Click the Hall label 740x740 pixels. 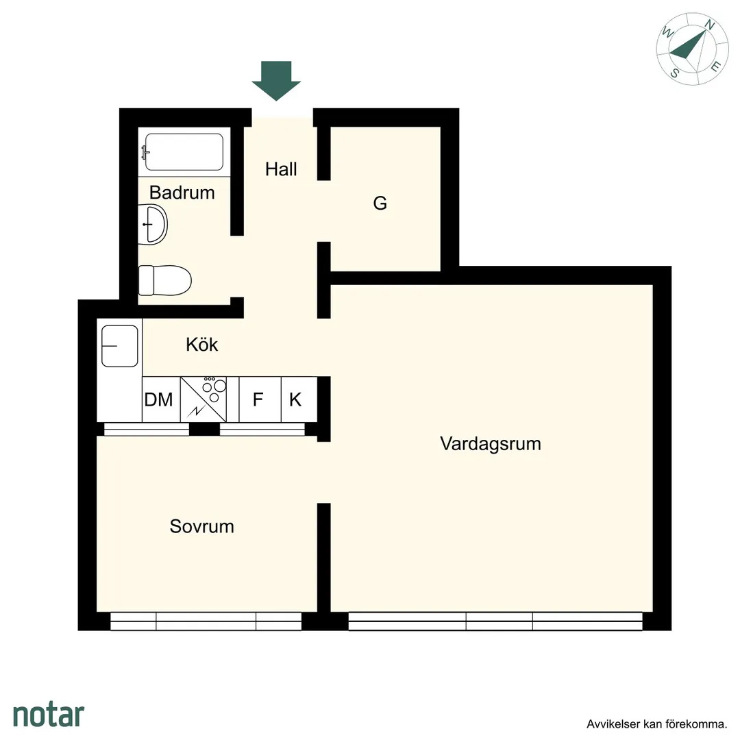(x=281, y=169)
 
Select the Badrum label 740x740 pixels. (x=182, y=193)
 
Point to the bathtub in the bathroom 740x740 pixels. (x=184, y=151)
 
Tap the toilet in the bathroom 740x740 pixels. (x=164, y=280)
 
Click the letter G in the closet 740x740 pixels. (x=380, y=203)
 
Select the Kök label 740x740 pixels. (x=202, y=344)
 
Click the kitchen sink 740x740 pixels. (x=120, y=346)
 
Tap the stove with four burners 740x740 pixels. (x=209, y=399)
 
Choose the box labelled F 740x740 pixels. (x=258, y=399)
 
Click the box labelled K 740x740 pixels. (x=295, y=399)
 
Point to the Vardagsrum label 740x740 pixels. (x=491, y=443)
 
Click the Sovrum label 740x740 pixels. (x=202, y=526)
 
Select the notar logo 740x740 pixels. (x=49, y=715)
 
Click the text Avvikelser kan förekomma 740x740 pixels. (x=656, y=724)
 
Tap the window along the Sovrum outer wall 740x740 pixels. (x=206, y=621)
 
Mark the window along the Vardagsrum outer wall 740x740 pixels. (x=495, y=621)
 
